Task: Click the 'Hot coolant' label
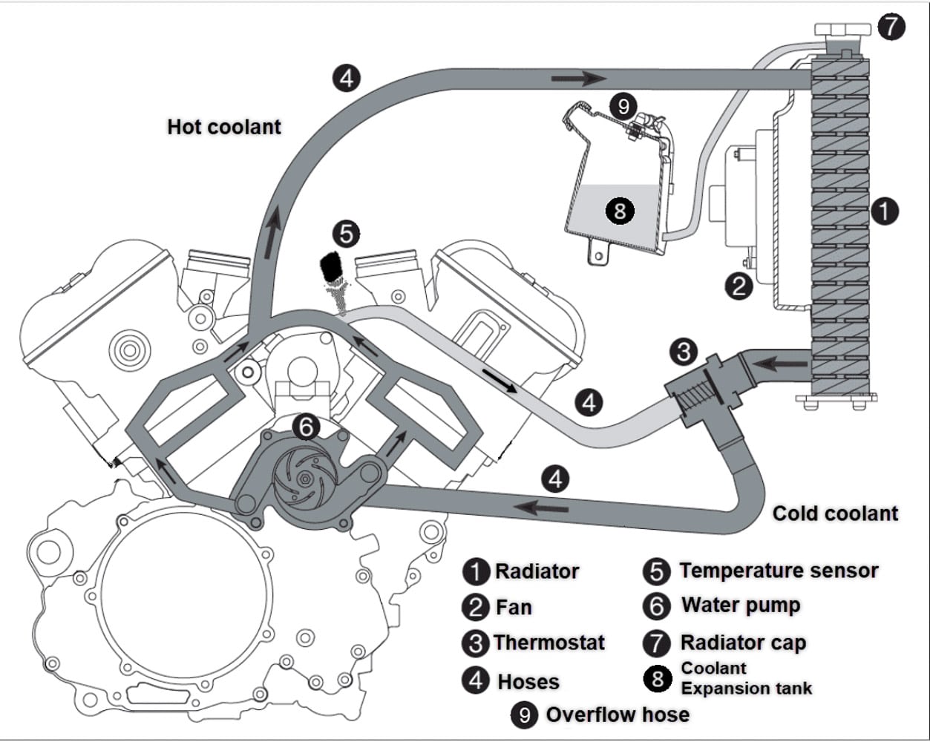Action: click(224, 127)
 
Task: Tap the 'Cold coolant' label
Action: click(835, 513)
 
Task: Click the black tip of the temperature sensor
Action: click(330, 266)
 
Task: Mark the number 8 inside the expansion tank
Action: click(620, 211)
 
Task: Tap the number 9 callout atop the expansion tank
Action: click(623, 107)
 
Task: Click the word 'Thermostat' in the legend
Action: click(549, 643)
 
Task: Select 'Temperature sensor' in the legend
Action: click(779, 571)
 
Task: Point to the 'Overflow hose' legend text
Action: click(618, 715)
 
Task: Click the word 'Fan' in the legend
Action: click(514, 608)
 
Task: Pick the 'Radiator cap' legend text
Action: click(743, 643)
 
